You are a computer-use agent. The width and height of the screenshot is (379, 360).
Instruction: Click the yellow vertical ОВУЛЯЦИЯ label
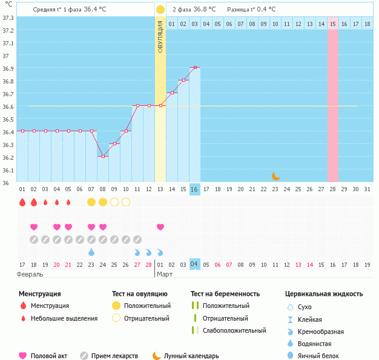click(x=160, y=36)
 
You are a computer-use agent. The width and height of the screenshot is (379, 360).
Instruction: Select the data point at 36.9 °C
click(x=195, y=68)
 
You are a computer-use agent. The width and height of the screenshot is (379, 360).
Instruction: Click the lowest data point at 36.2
click(x=103, y=157)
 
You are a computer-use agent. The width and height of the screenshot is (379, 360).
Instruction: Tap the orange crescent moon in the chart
click(x=275, y=176)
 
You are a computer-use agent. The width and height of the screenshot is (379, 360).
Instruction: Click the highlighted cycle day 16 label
click(x=194, y=189)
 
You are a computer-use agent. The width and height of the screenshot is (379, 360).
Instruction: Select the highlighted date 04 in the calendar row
click(x=194, y=264)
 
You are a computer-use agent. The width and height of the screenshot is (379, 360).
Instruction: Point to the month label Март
click(x=165, y=274)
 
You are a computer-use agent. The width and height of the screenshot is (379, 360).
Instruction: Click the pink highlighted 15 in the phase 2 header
click(x=333, y=24)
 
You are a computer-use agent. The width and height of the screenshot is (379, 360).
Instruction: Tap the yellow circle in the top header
click(x=160, y=10)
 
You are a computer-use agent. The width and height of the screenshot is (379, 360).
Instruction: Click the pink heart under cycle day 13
click(x=160, y=227)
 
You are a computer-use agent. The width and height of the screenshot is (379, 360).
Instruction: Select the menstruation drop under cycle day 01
click(x=22, y=202)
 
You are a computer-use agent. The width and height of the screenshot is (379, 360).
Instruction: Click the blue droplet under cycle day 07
click(x=91, y=252)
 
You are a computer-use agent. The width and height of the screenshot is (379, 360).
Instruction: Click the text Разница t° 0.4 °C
click(x=251, y=10)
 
